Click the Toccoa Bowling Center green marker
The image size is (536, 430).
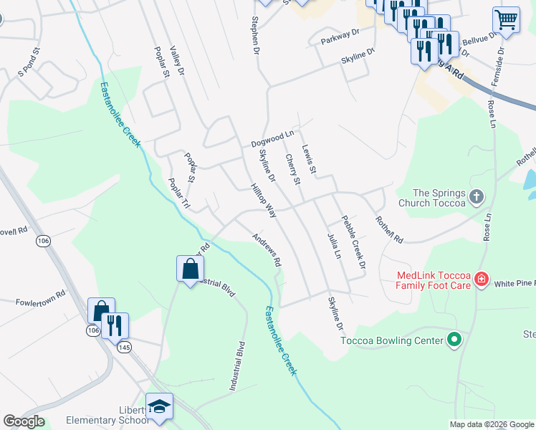coord(453,338)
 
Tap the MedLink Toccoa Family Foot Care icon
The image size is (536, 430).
coord(482,279)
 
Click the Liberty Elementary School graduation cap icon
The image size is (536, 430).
coord(159,406)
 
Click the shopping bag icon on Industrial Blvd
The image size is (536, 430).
coord(190,269)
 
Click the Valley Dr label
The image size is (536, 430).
coord(177,62)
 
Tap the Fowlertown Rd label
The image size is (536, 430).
coord(40,293)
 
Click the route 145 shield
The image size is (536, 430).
coord(125,347)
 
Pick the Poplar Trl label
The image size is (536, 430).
coord(179,193)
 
